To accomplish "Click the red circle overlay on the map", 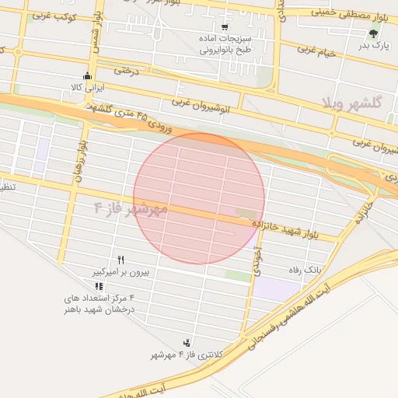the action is point(199,199).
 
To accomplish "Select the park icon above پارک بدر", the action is point(374,33).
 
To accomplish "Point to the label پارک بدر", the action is point(372,46).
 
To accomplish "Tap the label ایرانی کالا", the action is point(86,89).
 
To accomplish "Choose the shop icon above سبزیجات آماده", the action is point(225,25).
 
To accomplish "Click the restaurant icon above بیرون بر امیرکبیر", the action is point(120,259).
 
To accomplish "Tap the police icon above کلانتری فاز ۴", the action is point(187,342).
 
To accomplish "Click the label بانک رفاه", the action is point(305,269).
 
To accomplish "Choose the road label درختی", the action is point(125,71).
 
